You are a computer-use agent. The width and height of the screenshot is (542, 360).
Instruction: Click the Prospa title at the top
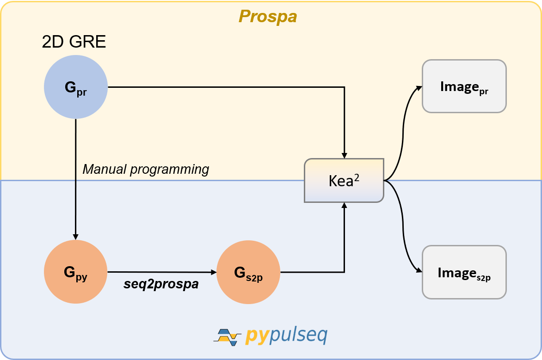click(x=267, y=17)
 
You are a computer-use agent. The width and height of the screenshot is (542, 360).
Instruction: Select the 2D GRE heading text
click(x=74, y=43)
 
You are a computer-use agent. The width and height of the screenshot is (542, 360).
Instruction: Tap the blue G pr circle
click(x=76, y=87)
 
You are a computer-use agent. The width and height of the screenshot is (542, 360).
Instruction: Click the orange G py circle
click(x=76, y=272)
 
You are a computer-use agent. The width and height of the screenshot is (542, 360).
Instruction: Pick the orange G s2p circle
click(x=248, y=272)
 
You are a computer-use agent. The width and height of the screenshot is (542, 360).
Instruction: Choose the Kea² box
click(x=344, y=180)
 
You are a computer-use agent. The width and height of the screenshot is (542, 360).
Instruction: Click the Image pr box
click(x=464, y=86)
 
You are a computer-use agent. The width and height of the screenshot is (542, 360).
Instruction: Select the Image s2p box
click(x=464, y=272)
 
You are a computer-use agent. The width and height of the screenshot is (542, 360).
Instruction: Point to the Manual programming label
click(x=146, y=170)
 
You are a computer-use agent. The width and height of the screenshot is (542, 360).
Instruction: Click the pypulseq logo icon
click(x=227, y=336)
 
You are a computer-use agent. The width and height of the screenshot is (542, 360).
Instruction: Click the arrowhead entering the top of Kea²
click(x=344, y=155)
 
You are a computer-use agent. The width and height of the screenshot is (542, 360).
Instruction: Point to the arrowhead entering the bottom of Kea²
click(x=344, y=206)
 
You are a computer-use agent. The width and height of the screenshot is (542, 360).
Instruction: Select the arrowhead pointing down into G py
click(x=76, y=237)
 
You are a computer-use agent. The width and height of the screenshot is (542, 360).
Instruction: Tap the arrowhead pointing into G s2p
click(x=214, y=272)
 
